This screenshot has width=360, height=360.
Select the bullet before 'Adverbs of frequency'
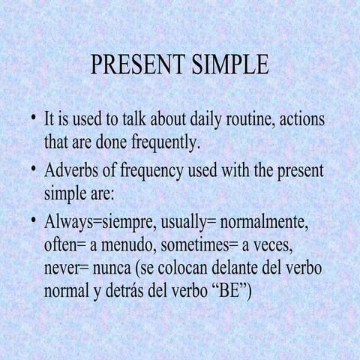[33, 169]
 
